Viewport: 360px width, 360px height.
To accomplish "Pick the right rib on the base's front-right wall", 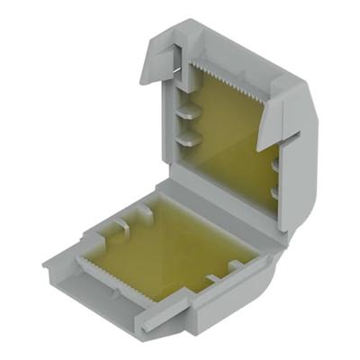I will [x=236, y=265].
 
